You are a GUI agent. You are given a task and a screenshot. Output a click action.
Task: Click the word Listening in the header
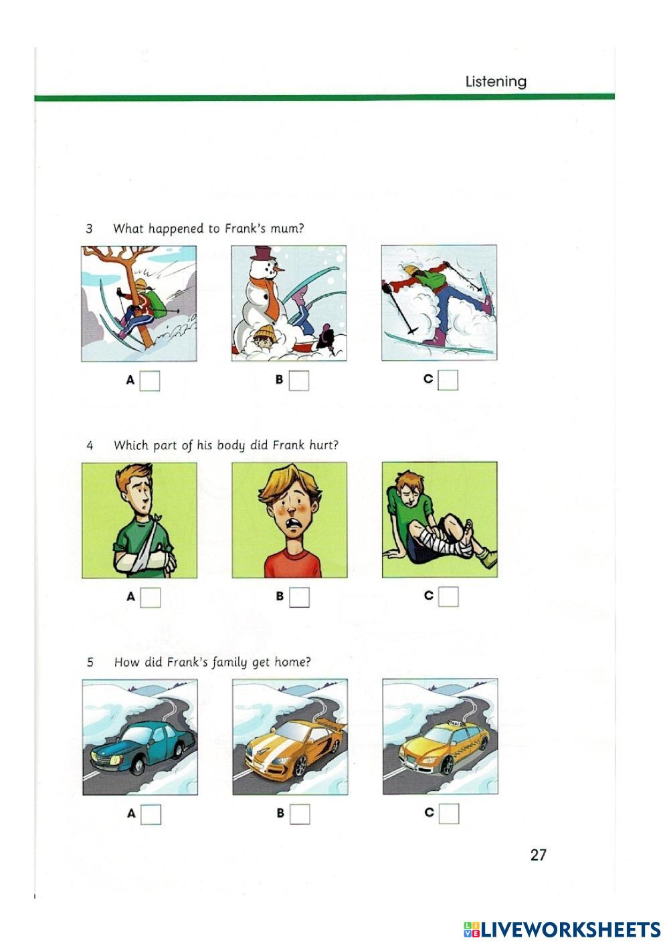(x=496, y=82)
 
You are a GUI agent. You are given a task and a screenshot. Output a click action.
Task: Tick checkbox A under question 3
(x=150, y=381)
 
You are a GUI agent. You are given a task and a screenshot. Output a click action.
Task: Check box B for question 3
(x=299, y=381)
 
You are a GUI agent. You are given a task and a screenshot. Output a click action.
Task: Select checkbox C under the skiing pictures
(x=448, y=380)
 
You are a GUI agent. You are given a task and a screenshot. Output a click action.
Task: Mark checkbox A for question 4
(x=151, y=597)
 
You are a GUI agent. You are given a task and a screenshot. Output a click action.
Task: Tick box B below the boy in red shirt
(x=299, y=597)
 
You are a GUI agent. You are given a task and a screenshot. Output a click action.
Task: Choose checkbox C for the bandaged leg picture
(x=448, y=596)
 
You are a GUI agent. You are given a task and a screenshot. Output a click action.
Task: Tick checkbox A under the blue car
(x=151, y=814)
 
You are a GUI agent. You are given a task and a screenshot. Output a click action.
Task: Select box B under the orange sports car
(x=300, y=814)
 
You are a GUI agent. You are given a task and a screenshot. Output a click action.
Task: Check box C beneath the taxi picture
(x=449, y=814)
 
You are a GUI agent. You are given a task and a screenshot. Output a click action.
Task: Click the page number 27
(x=538, y=855)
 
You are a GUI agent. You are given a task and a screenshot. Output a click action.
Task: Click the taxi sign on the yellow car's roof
(x=457, y=721)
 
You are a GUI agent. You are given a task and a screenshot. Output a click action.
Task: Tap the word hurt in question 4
(x=324, y=445)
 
